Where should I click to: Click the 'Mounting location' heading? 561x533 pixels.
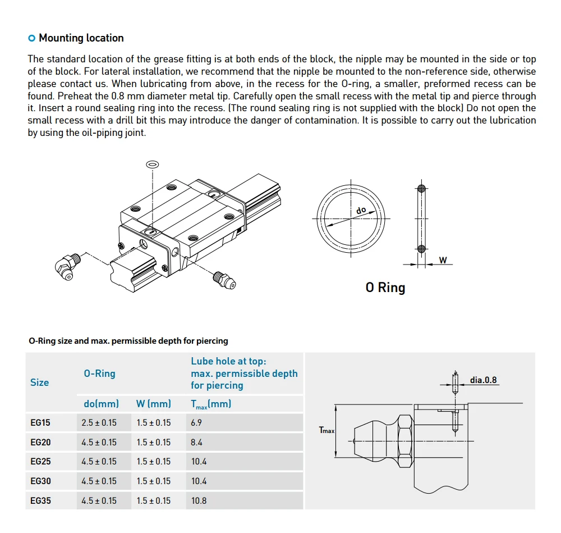[x=81, y=38]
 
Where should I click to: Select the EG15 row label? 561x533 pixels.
[x=40, y=423]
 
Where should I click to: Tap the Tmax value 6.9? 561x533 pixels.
[x=196, y=423]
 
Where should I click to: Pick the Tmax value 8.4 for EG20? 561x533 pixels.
[x=196, y=443]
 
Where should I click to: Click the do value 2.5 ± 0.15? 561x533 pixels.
[x=99, y=423]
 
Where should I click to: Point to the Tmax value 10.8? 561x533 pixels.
[x=199, y=500]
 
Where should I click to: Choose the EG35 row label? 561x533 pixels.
[x=40, y=500]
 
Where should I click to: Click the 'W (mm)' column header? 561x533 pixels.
[x=154, y=404]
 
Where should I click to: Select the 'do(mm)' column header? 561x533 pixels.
[x=101, y=404]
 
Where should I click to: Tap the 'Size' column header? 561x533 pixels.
[x=39, y=382]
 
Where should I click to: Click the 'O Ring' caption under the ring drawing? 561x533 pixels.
[x=385, y=288]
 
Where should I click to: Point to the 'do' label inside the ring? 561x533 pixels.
[x=361, y=210]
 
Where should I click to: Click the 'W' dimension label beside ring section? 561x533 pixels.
[x=443, y=260]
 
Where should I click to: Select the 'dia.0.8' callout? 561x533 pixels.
[x=483, y=380]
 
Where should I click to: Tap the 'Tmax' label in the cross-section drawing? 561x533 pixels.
[x=326, y=430]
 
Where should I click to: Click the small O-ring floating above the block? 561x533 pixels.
[x=152, y=164]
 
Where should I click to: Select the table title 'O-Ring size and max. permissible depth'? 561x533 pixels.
[x=128, y=341]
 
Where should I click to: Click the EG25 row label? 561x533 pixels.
[x=40, y=462]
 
